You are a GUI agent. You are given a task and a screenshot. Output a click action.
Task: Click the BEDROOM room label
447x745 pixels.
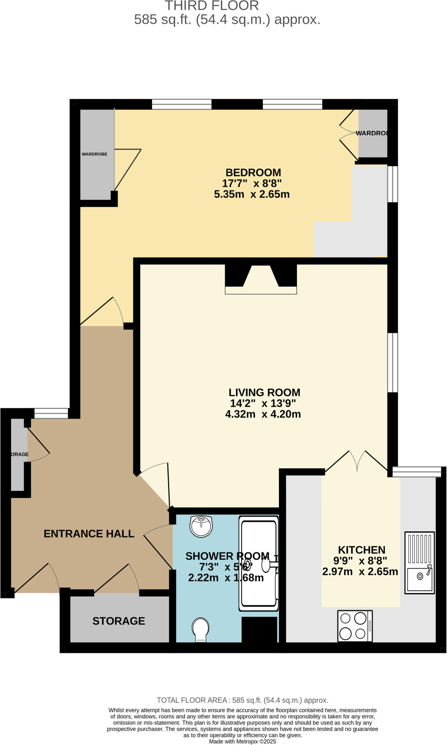tap(253, 172)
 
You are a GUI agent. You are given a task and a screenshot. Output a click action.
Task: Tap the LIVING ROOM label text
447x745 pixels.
tap(264, 393)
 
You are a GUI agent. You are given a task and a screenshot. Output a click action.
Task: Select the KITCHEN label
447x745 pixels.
tap(362, 550)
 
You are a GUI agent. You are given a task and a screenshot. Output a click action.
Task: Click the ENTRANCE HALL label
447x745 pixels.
tap(89, 534)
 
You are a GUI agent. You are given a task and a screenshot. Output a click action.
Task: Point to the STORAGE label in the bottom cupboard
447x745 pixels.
tap(119, 621)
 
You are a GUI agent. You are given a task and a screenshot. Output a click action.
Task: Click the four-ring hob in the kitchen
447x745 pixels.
tap(355, 626)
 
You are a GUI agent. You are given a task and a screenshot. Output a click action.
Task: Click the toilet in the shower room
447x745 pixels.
tap(200, 629)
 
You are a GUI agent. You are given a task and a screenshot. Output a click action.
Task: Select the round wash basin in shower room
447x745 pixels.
tap(201, 526)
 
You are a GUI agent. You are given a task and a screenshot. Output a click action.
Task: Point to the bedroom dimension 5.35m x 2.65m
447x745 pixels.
tap(252, 194)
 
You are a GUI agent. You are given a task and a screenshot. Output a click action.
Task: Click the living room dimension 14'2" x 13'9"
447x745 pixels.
tap(263, 403)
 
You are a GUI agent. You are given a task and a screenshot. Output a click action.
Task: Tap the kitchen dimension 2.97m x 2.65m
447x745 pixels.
tap(360, 571)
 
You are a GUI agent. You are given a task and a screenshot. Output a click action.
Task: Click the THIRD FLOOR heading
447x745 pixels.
tap(212, 6)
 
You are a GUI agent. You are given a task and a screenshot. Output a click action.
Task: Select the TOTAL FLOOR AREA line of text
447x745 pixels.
tap(242, 700)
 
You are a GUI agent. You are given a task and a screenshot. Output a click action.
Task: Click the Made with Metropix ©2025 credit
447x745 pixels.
tap(242, 741)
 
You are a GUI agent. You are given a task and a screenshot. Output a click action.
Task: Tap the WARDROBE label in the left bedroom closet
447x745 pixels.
tap(95, 154)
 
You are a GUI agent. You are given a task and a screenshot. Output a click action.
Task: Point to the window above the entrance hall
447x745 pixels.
tap(51, 413)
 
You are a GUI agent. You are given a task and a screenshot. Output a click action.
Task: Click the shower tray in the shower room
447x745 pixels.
tap(258, 563)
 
